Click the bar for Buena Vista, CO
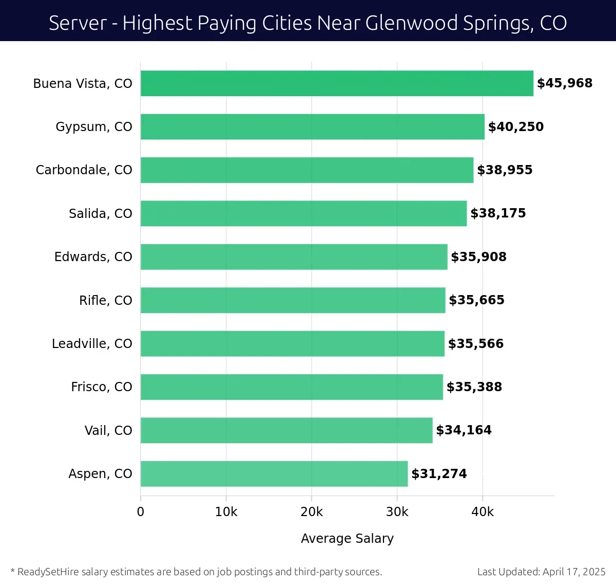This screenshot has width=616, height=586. coord(337,83)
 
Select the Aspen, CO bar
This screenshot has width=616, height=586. coord(274,473)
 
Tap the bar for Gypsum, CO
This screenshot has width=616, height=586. coord(312,126)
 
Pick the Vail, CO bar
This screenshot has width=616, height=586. coord(286,430)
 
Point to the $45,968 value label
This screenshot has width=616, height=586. coord(565,83)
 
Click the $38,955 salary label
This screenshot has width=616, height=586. coord(505,170)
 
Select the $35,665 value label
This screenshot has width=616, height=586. coord(476,300)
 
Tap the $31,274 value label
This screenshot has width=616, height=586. coord(439,473)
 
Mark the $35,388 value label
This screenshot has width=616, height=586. coord(474,387)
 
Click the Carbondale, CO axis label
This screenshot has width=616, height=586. coord(84,170)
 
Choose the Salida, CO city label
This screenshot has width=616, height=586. coord(101,213)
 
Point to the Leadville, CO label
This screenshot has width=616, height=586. coord(92,343)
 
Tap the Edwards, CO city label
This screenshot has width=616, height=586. coord(93,257)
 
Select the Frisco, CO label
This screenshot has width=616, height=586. coord(102,387)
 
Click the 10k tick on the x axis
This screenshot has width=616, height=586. coord(226,512)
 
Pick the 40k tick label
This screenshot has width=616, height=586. coord(483,512)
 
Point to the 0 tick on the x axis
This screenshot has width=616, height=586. coord(141,512)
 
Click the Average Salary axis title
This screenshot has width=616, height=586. coord(347,538)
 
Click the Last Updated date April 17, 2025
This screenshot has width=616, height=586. coord(574,572)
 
